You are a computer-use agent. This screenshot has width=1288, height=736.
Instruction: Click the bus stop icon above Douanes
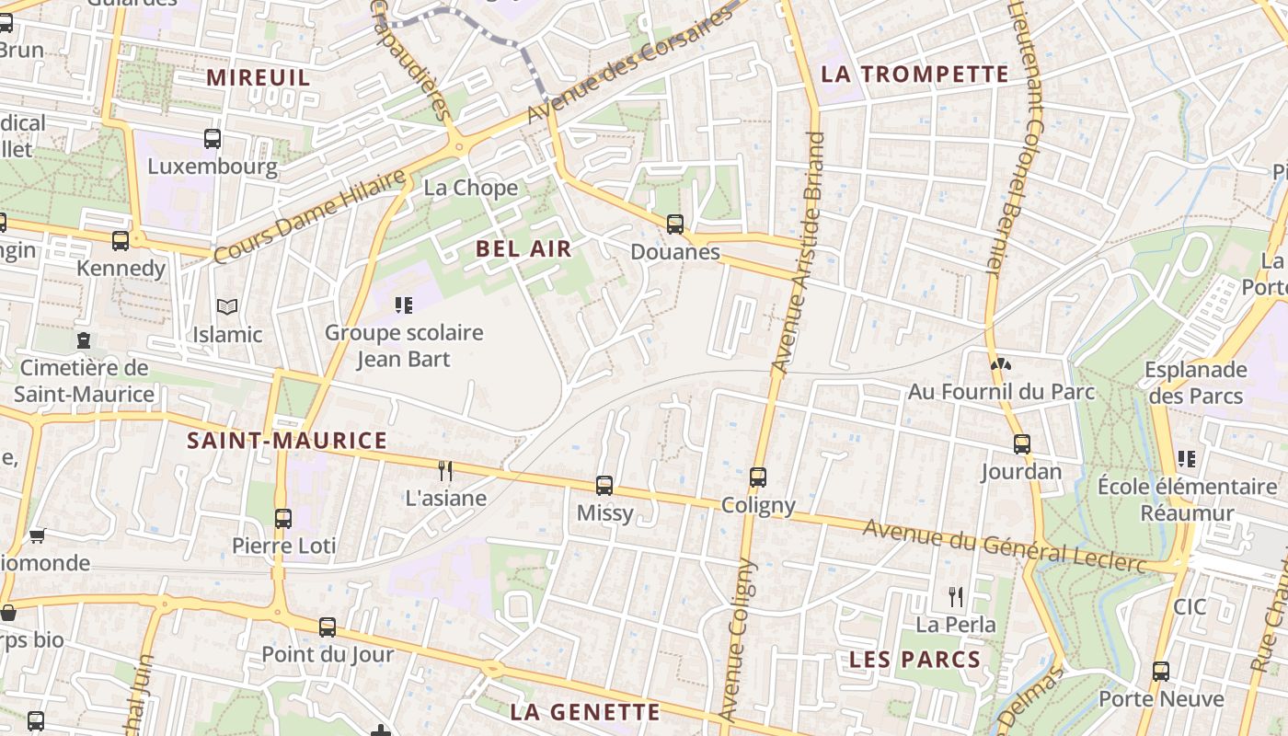[675, 224]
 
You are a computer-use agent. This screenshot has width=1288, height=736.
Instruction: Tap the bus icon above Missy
[604, 485]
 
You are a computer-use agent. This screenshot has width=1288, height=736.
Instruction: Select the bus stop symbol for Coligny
[758, 477]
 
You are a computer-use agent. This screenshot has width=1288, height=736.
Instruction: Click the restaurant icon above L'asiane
[445, 471]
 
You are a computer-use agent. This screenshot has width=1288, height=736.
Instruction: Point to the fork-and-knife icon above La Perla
[956, 597]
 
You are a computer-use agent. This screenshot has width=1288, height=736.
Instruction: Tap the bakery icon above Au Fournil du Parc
[1001, 363]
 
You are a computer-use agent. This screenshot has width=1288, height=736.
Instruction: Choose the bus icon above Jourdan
[1021, 444]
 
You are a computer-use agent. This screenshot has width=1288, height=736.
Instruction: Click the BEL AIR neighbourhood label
[523, 248]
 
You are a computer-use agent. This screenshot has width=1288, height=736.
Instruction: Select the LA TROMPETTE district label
[914, 75]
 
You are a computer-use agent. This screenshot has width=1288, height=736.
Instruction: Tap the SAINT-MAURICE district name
[287, 441]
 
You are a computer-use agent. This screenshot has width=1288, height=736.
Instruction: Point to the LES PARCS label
[914, 660]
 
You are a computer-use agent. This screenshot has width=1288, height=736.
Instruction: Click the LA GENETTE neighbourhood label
[585, 711]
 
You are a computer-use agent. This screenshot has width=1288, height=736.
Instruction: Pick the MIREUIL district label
[259, 77]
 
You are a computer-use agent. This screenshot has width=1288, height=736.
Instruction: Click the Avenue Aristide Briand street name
[799, 253]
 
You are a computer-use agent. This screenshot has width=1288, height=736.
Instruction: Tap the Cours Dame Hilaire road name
[309, 217]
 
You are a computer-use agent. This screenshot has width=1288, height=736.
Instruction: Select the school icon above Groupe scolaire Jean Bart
[403, 305]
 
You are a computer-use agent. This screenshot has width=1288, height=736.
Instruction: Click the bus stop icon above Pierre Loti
[283, 518]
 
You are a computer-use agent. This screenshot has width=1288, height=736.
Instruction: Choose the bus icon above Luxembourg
[213, 139]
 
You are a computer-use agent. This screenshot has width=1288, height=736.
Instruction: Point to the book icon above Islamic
[226, 306]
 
